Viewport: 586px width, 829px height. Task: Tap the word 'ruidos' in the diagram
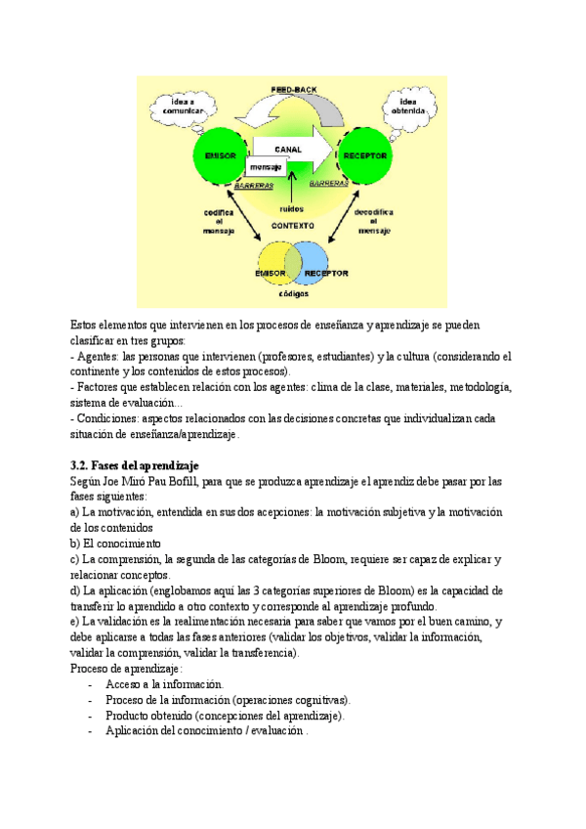(x=291, y=208)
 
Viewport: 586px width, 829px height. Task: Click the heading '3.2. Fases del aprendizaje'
(x=140, y=465)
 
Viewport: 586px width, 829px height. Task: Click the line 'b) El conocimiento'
(x=115, y=544)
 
